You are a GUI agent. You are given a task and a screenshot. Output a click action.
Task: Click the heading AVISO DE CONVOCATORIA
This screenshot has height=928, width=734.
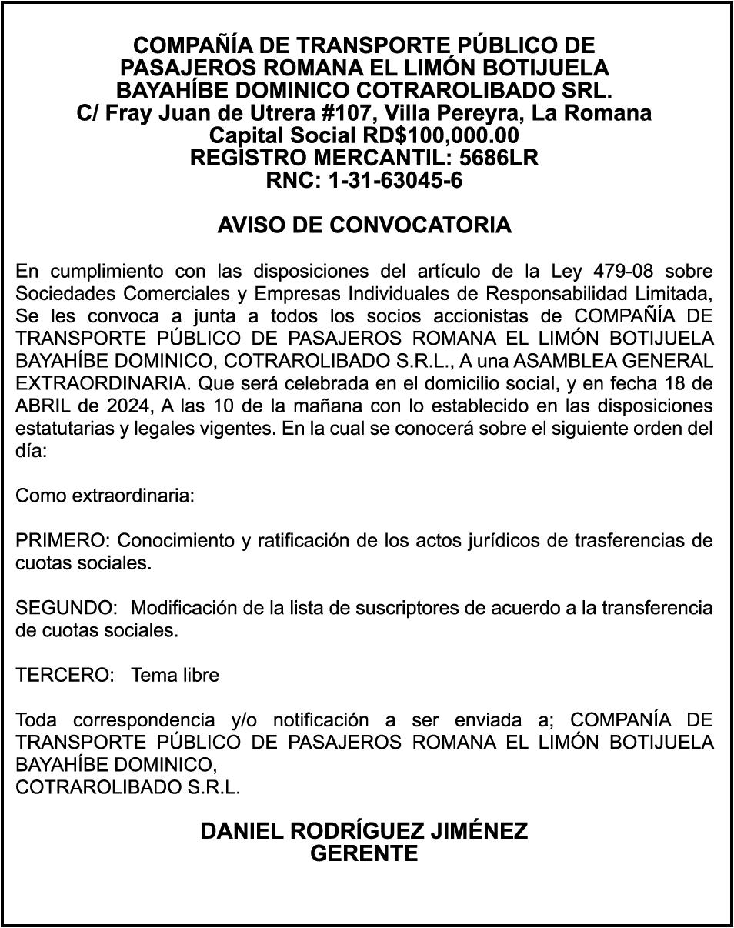(x=364, y=225)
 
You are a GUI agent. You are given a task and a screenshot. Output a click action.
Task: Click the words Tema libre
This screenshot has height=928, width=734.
(x=175, y=675)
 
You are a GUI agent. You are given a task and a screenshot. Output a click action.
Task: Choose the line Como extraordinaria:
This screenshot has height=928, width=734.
(x=105, y=496)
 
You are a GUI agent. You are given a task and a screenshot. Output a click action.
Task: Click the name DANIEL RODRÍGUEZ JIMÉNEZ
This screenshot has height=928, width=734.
(x=364, y=831)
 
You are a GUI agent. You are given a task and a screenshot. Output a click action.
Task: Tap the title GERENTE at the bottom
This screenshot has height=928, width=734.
(x=364, y=853)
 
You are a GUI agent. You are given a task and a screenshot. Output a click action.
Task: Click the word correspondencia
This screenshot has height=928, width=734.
(x=145, y=720)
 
